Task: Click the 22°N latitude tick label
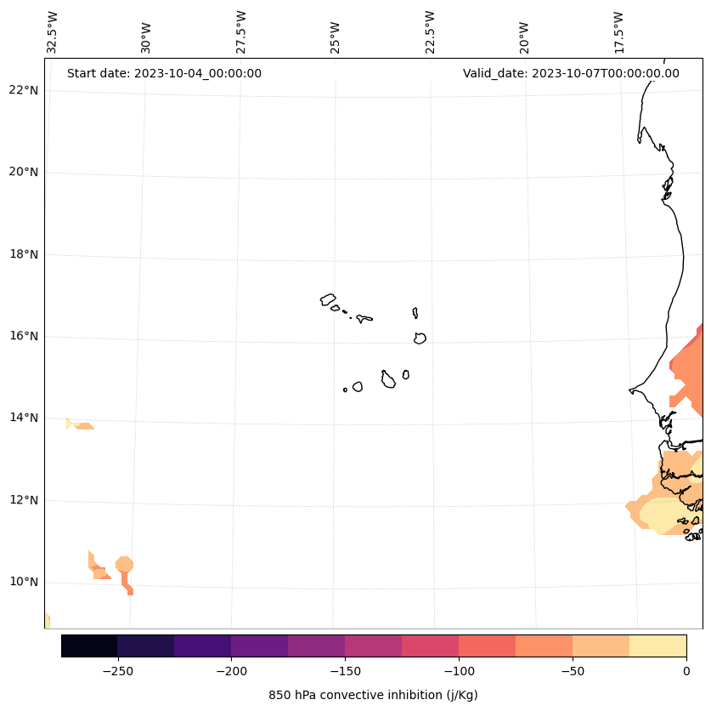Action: click(x=24, y=90)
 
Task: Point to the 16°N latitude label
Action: click(x=24, y=336)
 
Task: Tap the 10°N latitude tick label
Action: click(x=24, y=582)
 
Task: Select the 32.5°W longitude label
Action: click(x=53, y=32)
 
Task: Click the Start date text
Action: click(x=164, y=73)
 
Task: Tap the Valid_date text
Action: click(x=571, y=73)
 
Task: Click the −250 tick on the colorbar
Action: click(x=117, y=670)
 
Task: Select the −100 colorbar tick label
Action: click(x=459, y=670)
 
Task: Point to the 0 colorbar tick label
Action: click(x=686, y=670)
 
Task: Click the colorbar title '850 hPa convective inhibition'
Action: click(x=373, y=695)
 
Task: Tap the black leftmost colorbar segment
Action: click(x=89, y=646)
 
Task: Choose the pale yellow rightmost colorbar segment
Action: click(x=657, y=646)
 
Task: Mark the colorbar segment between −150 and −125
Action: click(x=373, y=646)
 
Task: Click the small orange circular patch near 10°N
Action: click(x=124, y=564)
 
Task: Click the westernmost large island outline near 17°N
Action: click(x=328, y=299)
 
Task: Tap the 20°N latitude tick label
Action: click(x=24, y=172)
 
